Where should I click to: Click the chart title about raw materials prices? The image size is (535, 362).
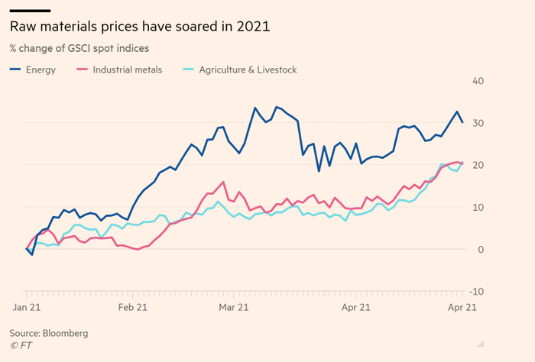pyautogui.click(x=140, y=27)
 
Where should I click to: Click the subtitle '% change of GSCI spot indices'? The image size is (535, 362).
pyautogui.click(x=79, y=49)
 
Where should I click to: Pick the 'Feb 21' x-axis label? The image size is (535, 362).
pyautogui.click(x=133, y=307)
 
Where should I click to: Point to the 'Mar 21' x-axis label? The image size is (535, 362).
pyautogui.click(x=232, y=307)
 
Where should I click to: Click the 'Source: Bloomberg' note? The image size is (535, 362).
pyautogui.click(x=49, y=333)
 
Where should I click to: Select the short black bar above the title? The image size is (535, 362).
pyautogui.click(x=30, y=10)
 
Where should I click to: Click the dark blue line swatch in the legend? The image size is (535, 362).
pyautogui.click(x=15, y=70)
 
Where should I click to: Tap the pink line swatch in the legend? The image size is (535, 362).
pyautogui.click(x=82, y=70)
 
